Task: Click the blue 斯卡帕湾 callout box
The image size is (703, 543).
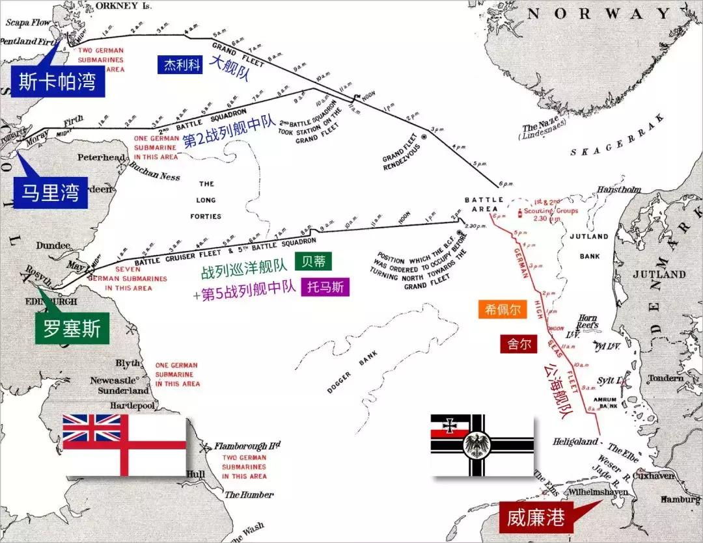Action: coord(57,82)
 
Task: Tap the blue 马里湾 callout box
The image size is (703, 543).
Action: coord(51,193)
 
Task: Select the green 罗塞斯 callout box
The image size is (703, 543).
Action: coord(72,329)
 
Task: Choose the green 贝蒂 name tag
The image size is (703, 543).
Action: coord(313,261)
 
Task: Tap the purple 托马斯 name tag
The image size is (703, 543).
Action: coord(325,287)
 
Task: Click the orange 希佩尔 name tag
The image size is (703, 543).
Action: coord(503,310)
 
